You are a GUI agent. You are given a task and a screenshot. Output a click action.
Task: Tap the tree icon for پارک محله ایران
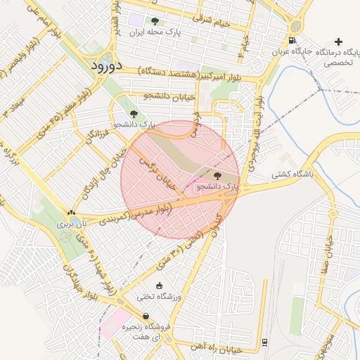pos(155,21)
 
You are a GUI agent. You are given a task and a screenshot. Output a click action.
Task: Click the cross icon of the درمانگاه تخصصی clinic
pos(340,41)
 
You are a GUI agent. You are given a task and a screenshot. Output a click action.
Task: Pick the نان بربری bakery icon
pos(71,212)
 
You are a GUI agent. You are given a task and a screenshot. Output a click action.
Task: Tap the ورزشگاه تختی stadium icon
pos(158,285)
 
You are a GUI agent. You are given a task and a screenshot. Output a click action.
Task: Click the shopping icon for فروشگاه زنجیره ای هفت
pos(146,316)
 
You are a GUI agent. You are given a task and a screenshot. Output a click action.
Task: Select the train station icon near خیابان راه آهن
pos(264,342)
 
